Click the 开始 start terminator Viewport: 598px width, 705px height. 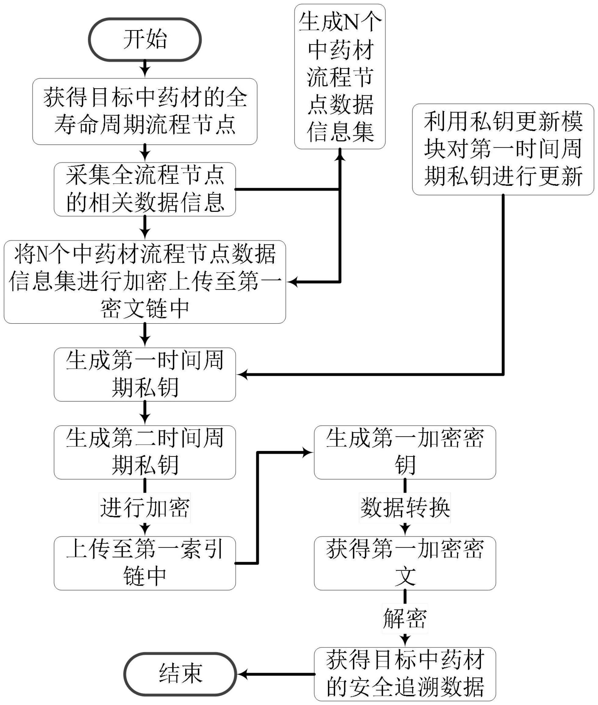(x=145, y=40)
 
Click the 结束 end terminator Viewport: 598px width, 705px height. (x=180, y=674)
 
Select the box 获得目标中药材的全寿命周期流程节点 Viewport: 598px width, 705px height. (x=145, y=111)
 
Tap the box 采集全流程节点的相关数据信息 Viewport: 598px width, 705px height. (x=145, y=189)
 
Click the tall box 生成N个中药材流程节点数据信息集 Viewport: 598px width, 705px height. (x=340, y=77)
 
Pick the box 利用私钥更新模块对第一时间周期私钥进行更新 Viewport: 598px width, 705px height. (x=503, y=150)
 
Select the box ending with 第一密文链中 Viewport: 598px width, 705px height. (x=145, y=282)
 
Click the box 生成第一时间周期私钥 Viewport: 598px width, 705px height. (x=145, y=374)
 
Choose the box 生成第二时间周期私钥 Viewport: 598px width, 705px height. (x=145, y=452)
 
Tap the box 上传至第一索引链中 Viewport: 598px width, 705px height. (x=145, y=563)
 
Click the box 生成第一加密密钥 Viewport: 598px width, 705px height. (x=405, y=452)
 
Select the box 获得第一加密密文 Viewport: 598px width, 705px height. (x=405, y=563)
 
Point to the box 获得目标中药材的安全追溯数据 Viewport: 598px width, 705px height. (x=405, y=674)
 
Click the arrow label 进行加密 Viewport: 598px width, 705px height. (x=145, y=507)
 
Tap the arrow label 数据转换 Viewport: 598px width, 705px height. (x=405, y=507)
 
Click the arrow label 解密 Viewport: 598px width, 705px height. (x=405, y=618)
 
